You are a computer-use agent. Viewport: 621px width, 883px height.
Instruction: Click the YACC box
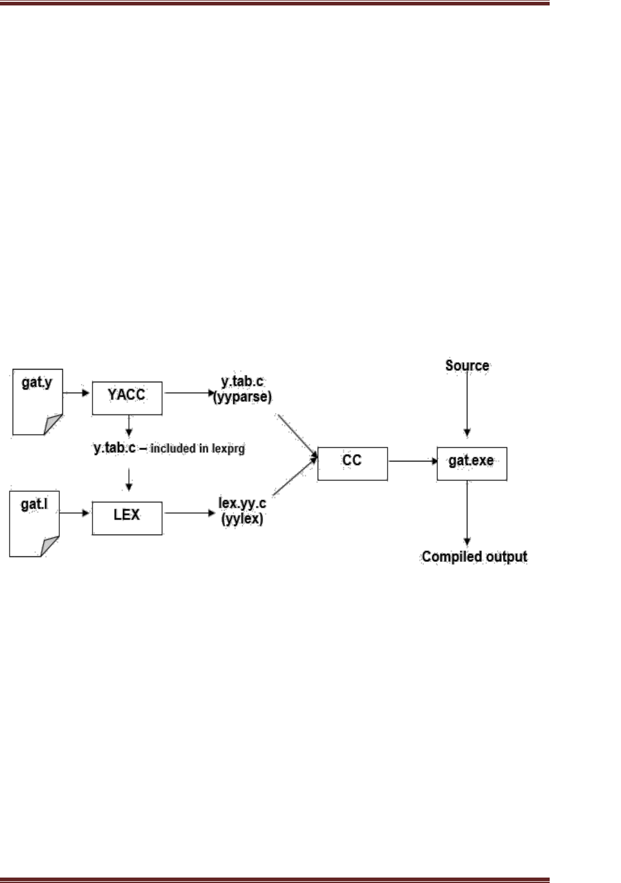click(x=127, y=397)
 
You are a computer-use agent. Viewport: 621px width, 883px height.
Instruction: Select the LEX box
click(x=127, y=518)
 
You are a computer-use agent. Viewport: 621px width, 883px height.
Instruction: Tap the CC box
click(x=353, y=463)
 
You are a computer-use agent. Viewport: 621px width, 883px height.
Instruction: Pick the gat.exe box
click(x=472, y=463)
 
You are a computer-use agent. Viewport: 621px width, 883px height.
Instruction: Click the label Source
click(x=467, y=365)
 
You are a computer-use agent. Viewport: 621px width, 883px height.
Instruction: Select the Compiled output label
click(x=475, y=556)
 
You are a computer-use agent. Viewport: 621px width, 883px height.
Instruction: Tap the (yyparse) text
click(x=242, y=397)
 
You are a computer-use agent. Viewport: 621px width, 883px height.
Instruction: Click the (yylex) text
click(x=242, y=518)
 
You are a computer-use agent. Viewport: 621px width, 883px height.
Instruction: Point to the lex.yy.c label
click(x=242, y=503)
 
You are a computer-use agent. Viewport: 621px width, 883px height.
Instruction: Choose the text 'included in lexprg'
click(x=198, y=449)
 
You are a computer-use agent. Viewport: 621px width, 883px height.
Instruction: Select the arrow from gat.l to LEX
click(x=76, y=513)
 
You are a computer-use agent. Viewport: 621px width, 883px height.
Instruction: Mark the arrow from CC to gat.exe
click(x=412, y=461)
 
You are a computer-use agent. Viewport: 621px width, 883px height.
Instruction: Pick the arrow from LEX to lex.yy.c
click(x=189, y=513)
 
